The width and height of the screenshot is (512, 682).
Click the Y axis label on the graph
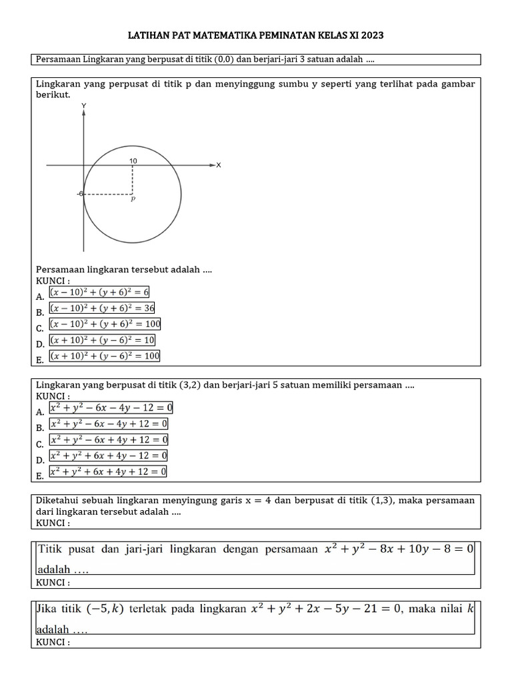pyautogui.click(x=83, y=106)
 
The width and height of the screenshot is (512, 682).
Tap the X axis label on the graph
pyautogui.click(x=218, y=165)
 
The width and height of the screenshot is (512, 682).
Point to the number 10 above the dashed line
pyautogui.click(x=133, y=161)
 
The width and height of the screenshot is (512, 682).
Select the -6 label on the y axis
pyautogui.click(x=79, y=194)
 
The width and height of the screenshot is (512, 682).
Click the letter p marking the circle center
pyautogui.click(x=133, y=198)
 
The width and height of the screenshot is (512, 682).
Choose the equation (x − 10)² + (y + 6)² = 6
pyautogui.click(x=100, y=292)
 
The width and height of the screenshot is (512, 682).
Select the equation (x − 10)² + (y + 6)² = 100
pyautogui.click(x=105, y=324)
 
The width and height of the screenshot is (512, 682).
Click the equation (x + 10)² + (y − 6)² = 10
pyautogui.click(x=103, y=340)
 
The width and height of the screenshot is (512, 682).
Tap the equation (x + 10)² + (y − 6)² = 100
pyautogui.click(x=105, y=356)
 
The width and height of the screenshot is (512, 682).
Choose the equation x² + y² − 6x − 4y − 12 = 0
pyautogui.click(x=111, y=407)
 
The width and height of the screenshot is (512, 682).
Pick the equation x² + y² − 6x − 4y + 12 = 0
pyautogui.click(x=109, y=424)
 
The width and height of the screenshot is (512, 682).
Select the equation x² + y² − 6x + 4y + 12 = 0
pyautogui.click(x=109, y=440)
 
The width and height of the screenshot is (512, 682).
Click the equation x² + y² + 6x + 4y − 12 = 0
pyautogui.click(x=109, y=456)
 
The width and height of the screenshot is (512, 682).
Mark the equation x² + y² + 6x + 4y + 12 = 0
pyautogui.click(x=109, y=472)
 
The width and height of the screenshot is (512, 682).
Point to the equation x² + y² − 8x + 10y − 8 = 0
pyautogui.click(x=399, y=549)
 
